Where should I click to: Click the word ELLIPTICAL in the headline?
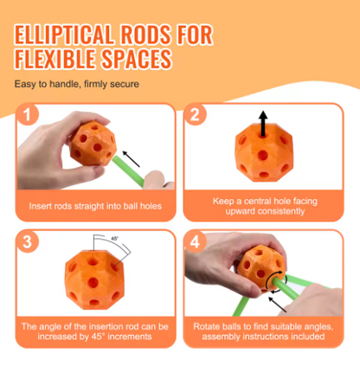(x=63, y=35)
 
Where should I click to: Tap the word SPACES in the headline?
(x=137, y=59)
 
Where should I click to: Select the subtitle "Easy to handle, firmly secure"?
(x=77, y=84)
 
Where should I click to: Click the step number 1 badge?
(x=28, y=114)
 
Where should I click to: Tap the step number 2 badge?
(x=195, y=114)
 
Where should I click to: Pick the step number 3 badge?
(x=28, y=241)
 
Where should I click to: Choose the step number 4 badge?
(x=195, y=241)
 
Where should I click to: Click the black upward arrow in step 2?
(x=263, y=124)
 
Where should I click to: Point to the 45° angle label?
(x=114, y=239)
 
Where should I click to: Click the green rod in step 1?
(x=128, y=171)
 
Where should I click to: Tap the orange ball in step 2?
(x=264, y=156)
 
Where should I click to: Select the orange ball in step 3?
(x=94, y=279)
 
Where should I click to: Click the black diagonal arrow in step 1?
(x=132, y=158)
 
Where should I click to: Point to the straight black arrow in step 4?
(x=277, y=305)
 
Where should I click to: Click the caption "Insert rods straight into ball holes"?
(x=95, y=206)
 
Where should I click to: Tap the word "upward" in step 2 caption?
(x=241, y=211)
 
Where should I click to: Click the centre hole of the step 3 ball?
(x=93, y=283)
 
